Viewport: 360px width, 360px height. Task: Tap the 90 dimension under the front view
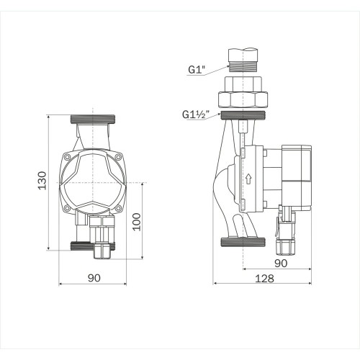93,276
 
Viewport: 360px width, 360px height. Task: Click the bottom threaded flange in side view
246,243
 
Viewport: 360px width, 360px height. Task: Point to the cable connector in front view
101,238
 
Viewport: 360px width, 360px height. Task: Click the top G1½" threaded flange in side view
246,115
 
